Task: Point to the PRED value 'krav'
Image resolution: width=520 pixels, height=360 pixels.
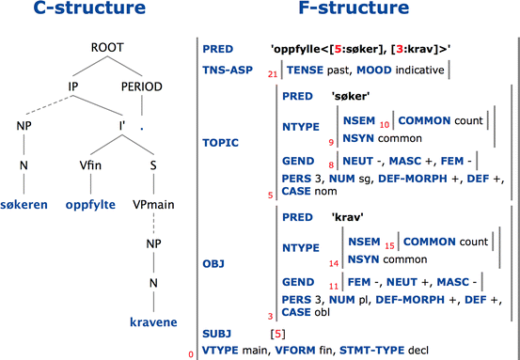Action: click(349, 217)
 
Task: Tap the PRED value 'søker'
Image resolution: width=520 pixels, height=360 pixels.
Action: click(351, 96)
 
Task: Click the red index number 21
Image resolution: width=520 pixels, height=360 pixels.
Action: click(273, 74)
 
